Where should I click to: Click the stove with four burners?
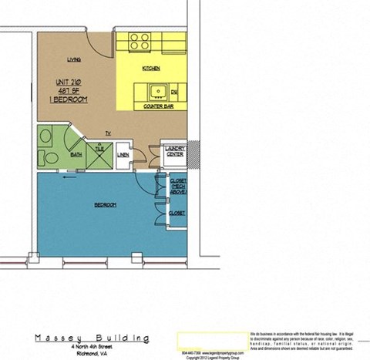point(139,41)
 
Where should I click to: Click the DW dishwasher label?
point(175,93)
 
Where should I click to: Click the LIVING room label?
point(74,59)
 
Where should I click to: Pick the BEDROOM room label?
point(105,204)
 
